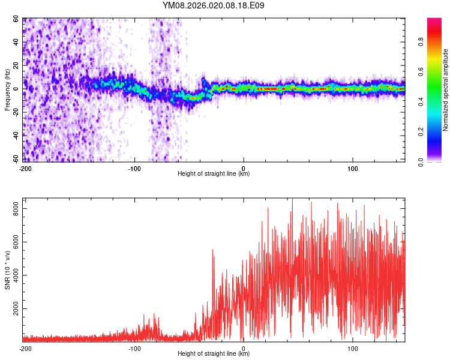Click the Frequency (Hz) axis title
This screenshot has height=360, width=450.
click(7, 90)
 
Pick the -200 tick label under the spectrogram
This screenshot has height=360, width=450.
click(25, 169)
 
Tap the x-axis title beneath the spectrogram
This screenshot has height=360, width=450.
click(214, 174)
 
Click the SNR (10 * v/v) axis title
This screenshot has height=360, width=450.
click(7, 270)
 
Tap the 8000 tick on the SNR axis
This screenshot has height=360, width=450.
click(12, 209)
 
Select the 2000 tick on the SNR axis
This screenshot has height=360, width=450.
click(12, 309)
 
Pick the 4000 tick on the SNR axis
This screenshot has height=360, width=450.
click(12, 275)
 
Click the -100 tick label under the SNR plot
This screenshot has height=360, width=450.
click(134, 349)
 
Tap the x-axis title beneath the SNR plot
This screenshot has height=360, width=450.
click(214, 354)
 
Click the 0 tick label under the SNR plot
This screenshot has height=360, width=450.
click(244, 349)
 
